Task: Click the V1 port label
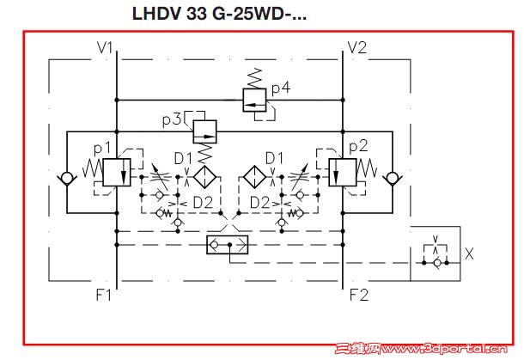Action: pyautogui.click(x=106, y=47)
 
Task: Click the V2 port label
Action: pyautogui.click(x=357, y=47)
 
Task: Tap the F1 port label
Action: pyautogui.click(x=104, y=296)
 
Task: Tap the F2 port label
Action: pyautogui.click(x=359, y=296)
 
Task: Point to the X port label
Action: pyautogui.click(x=468, y=254)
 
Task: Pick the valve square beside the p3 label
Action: pyautogui.click(x=204, y=131)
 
